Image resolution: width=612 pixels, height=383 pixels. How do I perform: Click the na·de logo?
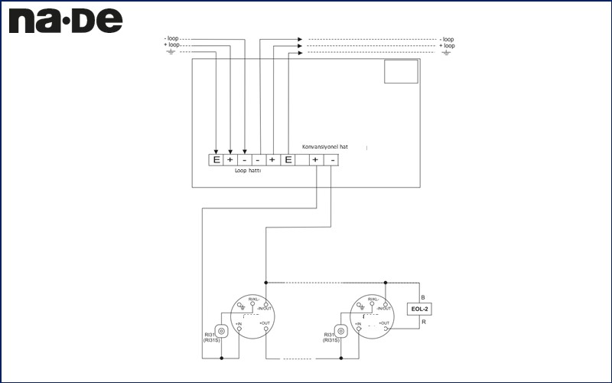pos(65,21)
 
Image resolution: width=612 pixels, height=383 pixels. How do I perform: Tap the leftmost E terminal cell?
pos(216,160)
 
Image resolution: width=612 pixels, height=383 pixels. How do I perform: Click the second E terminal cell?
pos(288,160)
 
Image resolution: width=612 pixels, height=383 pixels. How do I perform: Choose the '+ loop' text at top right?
pos(447,46)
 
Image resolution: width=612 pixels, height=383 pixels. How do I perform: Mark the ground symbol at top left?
pos(171,53)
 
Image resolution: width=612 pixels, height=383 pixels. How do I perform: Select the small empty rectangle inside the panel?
pos(401,71)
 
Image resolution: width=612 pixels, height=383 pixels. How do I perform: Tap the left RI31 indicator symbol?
pos(222,331)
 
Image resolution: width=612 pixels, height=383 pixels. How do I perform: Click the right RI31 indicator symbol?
pos(340,331)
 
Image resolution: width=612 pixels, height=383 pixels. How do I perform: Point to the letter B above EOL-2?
pos(422,296)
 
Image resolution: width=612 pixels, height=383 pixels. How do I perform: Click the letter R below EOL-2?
pos(422,322)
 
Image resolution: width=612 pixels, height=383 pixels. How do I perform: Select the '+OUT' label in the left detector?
pos(265,324)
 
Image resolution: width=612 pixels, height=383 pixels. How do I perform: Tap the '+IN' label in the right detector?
pos(356,324)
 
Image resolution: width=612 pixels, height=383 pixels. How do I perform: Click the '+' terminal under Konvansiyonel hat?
pos(316,160)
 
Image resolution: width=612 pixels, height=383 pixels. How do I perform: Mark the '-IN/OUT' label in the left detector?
pos(266,308)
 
